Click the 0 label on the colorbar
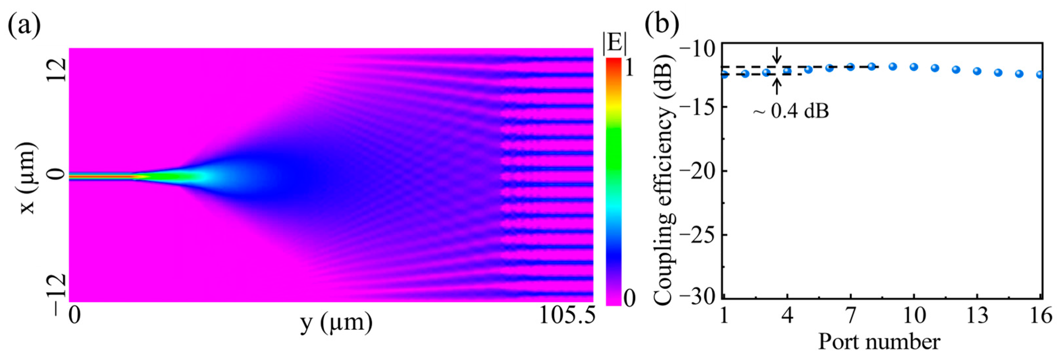pos(630,298)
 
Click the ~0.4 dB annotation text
pos(791,111)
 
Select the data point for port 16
pos(1040,75)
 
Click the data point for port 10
pos(914,67)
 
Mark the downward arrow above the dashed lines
pos(777,54)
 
